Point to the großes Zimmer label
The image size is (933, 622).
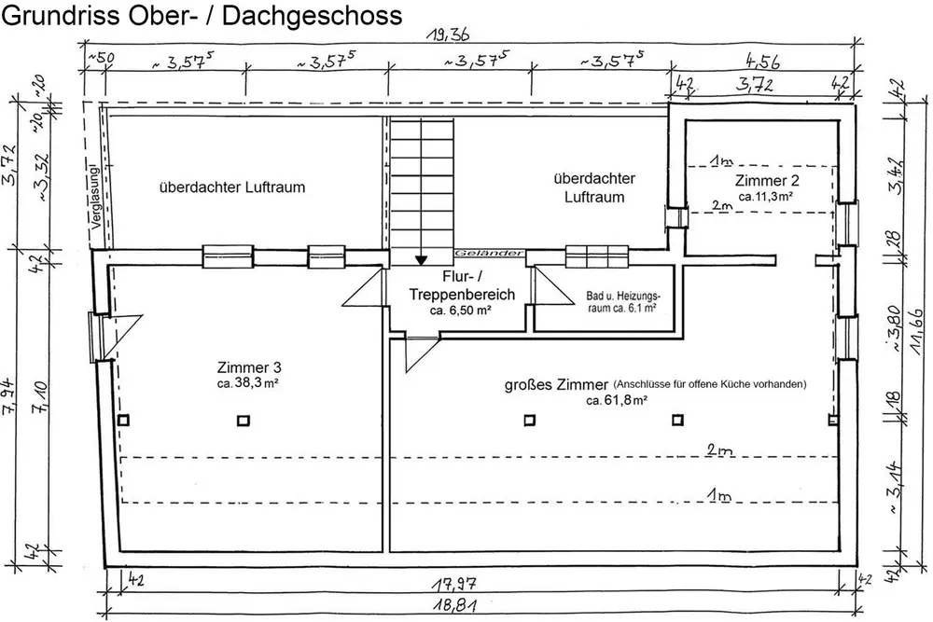tap(557, 383)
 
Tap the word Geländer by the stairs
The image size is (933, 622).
tap(478, 254)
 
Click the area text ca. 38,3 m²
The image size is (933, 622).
tap(247, 382)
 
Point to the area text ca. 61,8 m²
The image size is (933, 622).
tap(617, 400)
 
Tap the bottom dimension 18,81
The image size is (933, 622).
tap(455, 604)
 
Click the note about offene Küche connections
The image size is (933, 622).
tap(709, 384)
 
